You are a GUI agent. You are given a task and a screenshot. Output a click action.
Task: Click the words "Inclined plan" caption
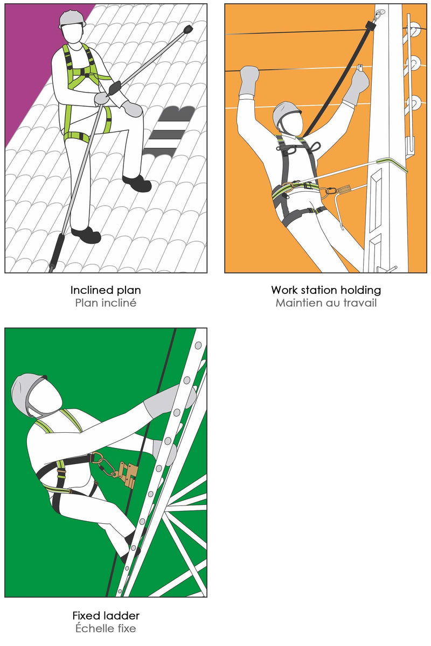coord(106,290)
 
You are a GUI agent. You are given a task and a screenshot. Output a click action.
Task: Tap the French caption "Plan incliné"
coord(106,303)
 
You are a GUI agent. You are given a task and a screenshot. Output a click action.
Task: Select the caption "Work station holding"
coord(326,290)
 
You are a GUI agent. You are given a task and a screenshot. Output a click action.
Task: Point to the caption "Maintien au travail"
coord(326,303)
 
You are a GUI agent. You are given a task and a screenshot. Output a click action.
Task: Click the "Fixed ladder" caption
coord(106,615)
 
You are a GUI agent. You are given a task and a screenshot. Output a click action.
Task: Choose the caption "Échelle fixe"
coord(106,628)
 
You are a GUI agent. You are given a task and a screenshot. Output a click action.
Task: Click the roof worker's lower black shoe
coord(86,235)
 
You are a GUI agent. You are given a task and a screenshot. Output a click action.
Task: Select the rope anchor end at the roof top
coord(188,29)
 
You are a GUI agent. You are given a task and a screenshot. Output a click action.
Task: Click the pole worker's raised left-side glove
coord(249,80)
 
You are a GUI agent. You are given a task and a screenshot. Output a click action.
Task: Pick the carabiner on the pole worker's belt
coord(331,191)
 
